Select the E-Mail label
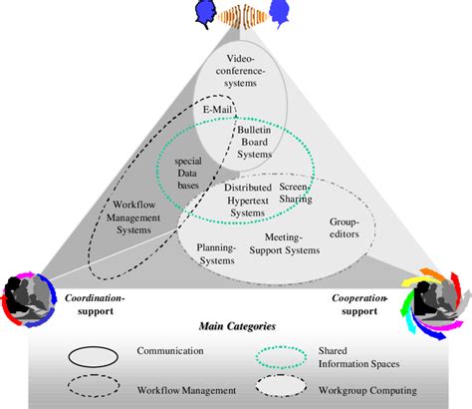click(217, 109)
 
